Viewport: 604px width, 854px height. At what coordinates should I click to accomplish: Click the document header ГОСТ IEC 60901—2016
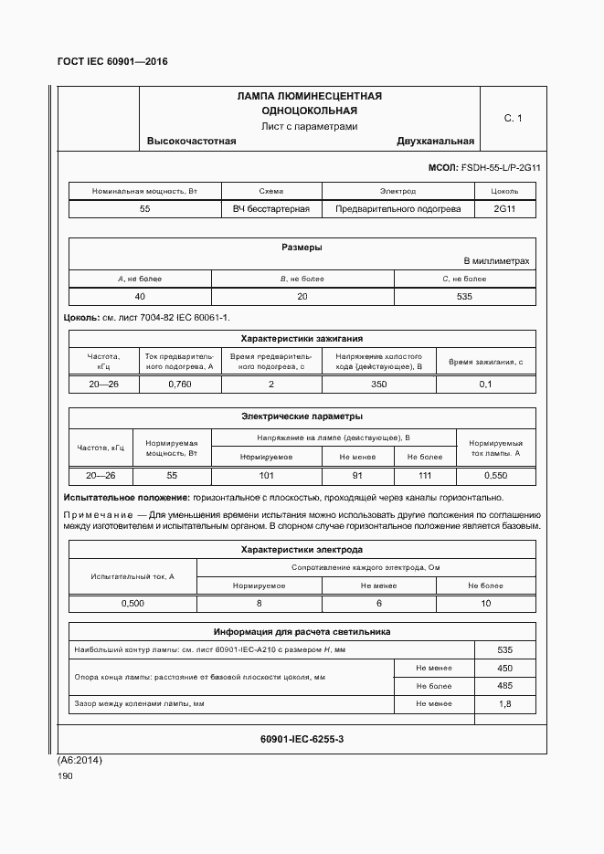(112, 62)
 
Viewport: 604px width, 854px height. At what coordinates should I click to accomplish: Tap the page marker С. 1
(513, 118)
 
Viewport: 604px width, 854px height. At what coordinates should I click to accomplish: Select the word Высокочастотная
(192, 141)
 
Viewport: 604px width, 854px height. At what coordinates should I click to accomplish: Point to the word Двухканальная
(435, 141)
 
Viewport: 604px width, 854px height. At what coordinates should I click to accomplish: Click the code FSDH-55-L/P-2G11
(502, 168)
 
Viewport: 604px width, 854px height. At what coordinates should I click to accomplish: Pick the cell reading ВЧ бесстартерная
(271, 208)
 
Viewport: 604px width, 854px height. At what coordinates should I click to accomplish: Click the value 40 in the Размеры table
(140, 297)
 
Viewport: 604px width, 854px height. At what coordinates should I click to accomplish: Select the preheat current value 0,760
(180, 384)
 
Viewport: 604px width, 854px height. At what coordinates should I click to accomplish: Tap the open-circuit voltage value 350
(378, 384)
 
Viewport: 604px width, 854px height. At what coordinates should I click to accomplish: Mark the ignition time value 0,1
(485, 384)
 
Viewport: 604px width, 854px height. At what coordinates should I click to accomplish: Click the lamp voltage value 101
(267, 475)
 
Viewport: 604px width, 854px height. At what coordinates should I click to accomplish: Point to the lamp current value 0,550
(495, 475)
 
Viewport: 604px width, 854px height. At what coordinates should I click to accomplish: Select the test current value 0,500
(132, 604)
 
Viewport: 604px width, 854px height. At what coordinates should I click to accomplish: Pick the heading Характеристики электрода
(302, 550)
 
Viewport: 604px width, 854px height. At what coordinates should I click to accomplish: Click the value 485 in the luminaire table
(504, 685)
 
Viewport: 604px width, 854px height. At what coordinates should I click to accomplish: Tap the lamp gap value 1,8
(504, 703)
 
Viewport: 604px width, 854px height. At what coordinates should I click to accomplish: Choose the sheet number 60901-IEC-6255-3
(302, 738)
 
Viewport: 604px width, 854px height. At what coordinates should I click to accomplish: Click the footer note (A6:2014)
(80, 760)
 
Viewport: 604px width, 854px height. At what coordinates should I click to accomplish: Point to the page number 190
(65, 775)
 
